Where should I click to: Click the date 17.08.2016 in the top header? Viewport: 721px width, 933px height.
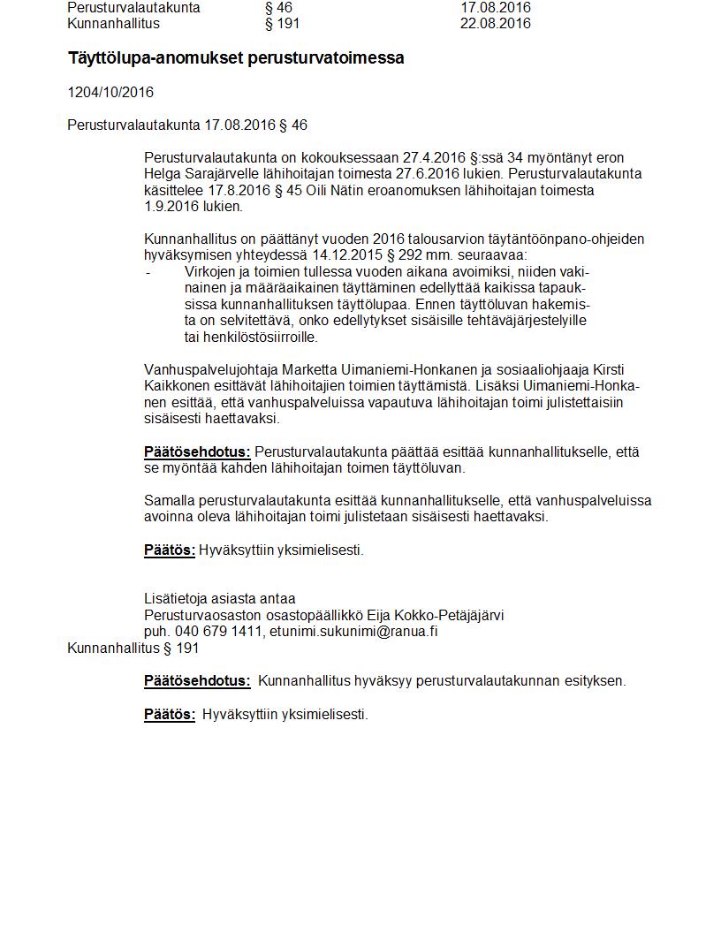[x=495, y=7]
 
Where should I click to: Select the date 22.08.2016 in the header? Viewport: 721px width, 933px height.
[x=495, y=23]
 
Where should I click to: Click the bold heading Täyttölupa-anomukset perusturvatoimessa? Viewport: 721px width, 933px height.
[x=236, y=58]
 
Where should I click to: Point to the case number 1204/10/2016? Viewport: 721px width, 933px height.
[x=110, y=92]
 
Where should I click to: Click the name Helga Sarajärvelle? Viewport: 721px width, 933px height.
[x=199, y=174]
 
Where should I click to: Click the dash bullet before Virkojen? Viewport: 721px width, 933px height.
[x=148, y=272]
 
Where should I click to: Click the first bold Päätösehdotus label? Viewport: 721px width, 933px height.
[x=197, y=451]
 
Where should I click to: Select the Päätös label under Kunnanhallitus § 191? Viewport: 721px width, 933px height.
[x=170, y=714]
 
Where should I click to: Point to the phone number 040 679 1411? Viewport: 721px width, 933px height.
[x=219, y=631]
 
